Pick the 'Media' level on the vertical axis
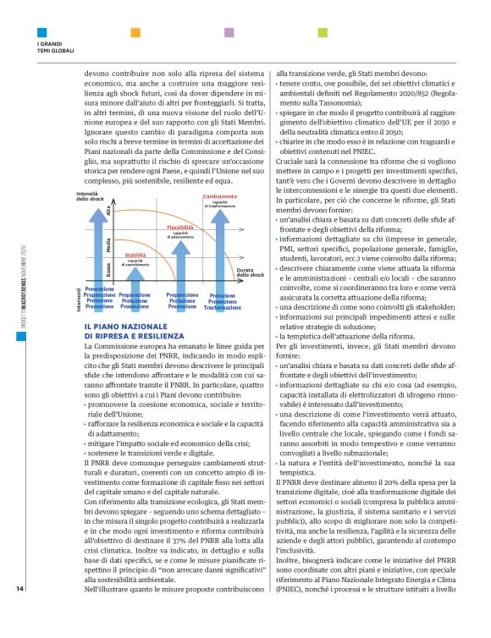[108, 245]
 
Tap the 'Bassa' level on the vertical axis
[108, 269]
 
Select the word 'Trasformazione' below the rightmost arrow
[222, 308]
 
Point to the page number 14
[19, 612]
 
